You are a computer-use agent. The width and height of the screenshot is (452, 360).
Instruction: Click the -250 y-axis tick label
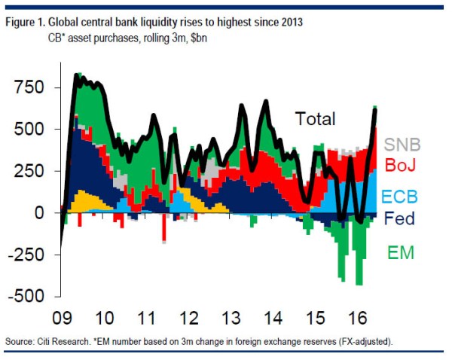pyautogui.click(x=25, y=255)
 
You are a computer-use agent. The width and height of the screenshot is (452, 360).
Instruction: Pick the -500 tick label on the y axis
pyautogui.click(x=25, y=297)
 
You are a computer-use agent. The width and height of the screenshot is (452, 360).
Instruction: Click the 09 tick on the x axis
pyautogui.click(x=63, y=316)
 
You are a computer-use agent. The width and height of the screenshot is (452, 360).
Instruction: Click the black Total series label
pyautogui.click(x=315, y=118)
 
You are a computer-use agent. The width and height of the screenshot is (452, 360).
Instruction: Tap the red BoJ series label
pyautogui.click(x=401, y=166)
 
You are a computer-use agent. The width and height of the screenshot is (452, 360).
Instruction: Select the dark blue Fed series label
pyautogui.click(x=399, y=221)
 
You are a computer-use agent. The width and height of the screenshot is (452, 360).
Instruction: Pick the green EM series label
pyautogui.click(x=400, y=253)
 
